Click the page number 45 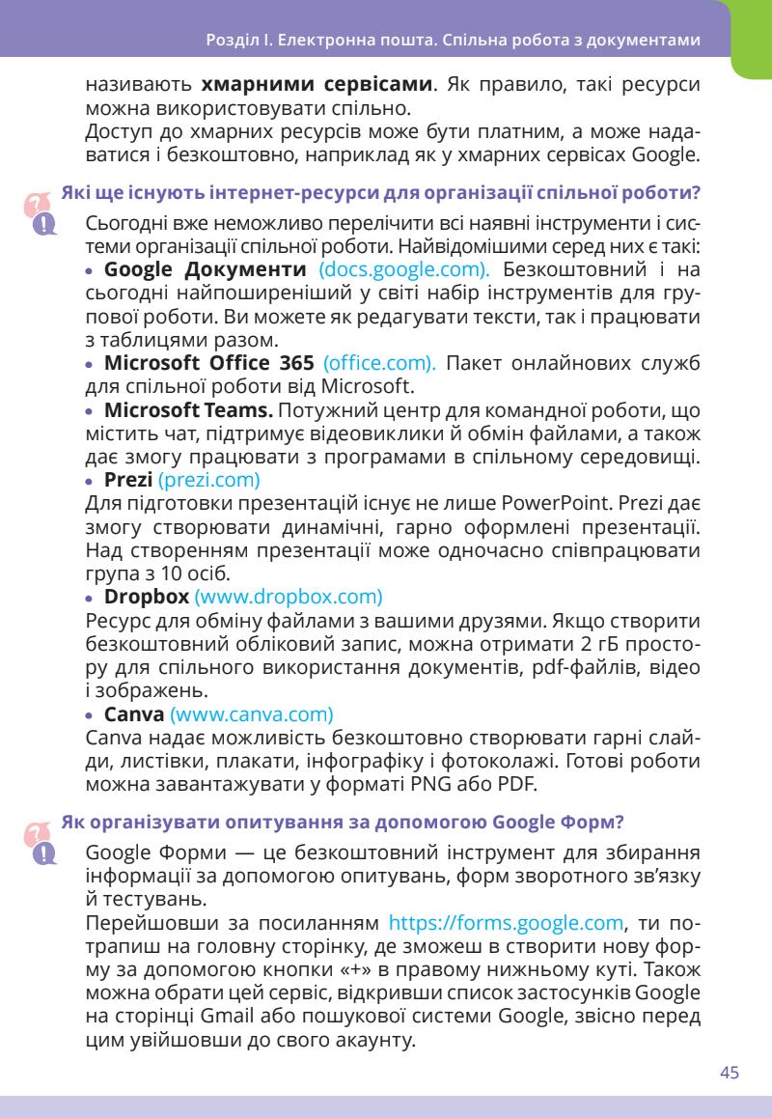click(729, 1074)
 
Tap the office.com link click(380, 364)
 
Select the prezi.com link click(209, 479)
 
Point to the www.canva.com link click(252, 714)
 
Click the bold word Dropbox click(146, 596)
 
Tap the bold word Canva click(133, 714)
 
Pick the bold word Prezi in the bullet click(127, 479)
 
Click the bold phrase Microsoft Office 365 click(208, 364)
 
